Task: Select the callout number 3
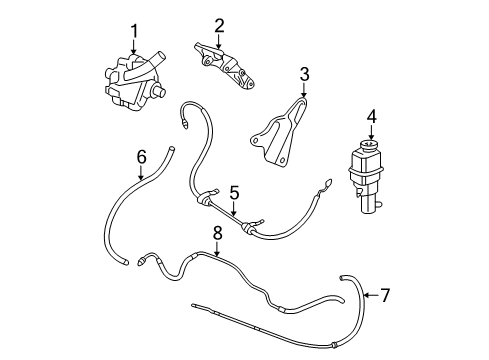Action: [305, 73]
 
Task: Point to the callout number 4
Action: [371, 117]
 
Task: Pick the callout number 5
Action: [234, 192]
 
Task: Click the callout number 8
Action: [216, 234]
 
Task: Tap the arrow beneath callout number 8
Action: [216, 249]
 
